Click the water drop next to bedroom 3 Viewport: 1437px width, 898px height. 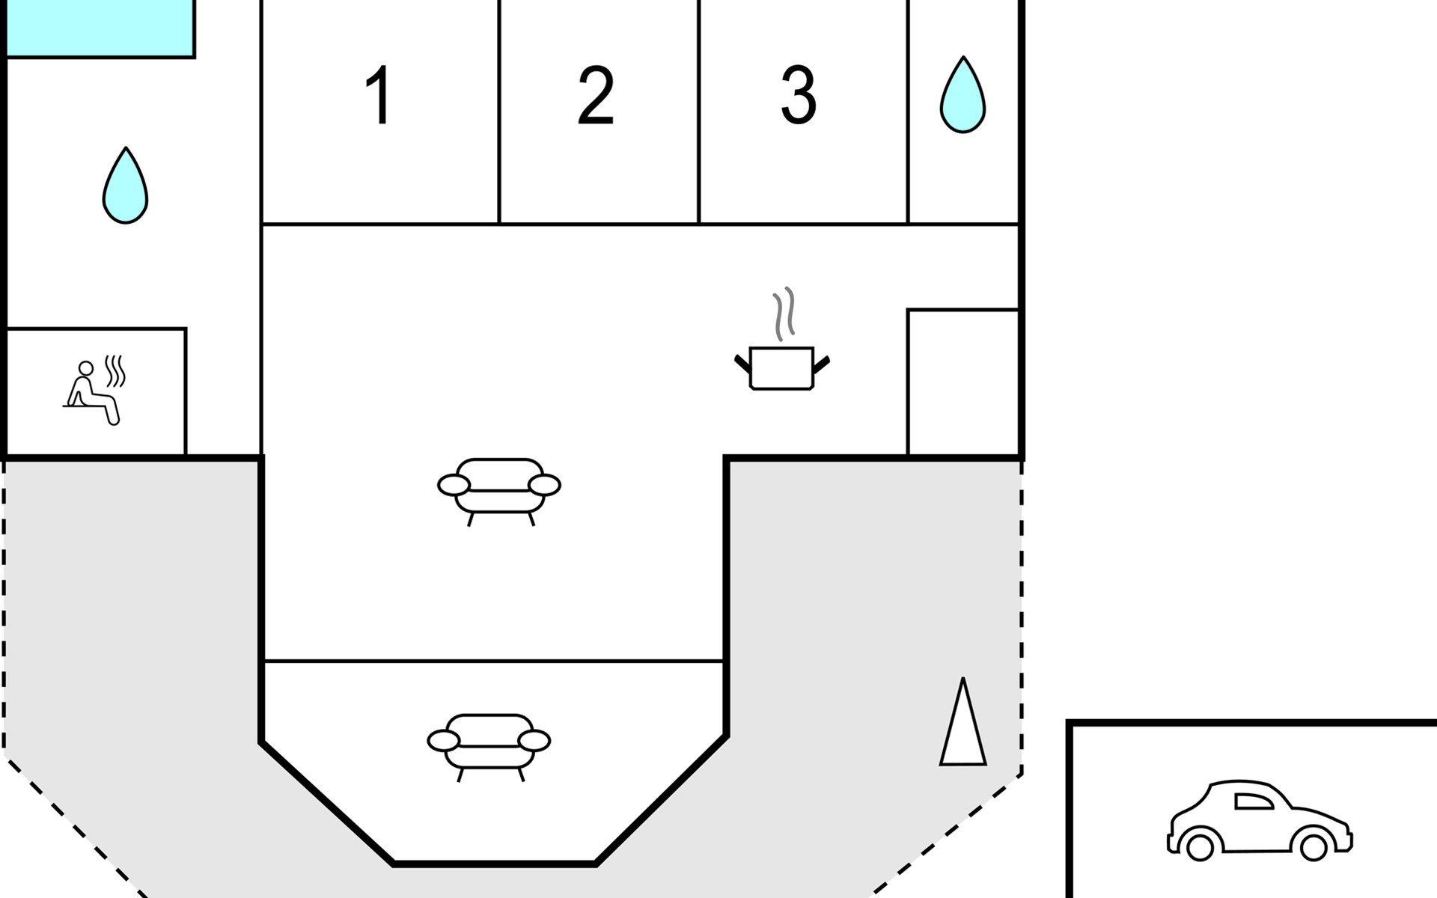click(x=962, y=97)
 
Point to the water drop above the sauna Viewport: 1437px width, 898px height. click(x=125, y=187)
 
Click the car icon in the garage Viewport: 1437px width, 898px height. click(x=1260, y=821)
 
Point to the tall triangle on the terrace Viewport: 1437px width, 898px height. click(x=963, y=730)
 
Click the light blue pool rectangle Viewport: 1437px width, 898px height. click(x=100, y=28)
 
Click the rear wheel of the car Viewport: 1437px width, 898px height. click(x=1200, y=847)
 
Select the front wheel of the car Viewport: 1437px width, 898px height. click(x=1314, y=847)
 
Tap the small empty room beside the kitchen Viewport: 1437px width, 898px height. click(x=963, y=382)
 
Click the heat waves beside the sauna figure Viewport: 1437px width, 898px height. click(x=115, y=370)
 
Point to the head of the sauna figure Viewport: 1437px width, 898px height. click(x=86, y=368)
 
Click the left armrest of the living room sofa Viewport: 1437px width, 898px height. click(x=454, y=485)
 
